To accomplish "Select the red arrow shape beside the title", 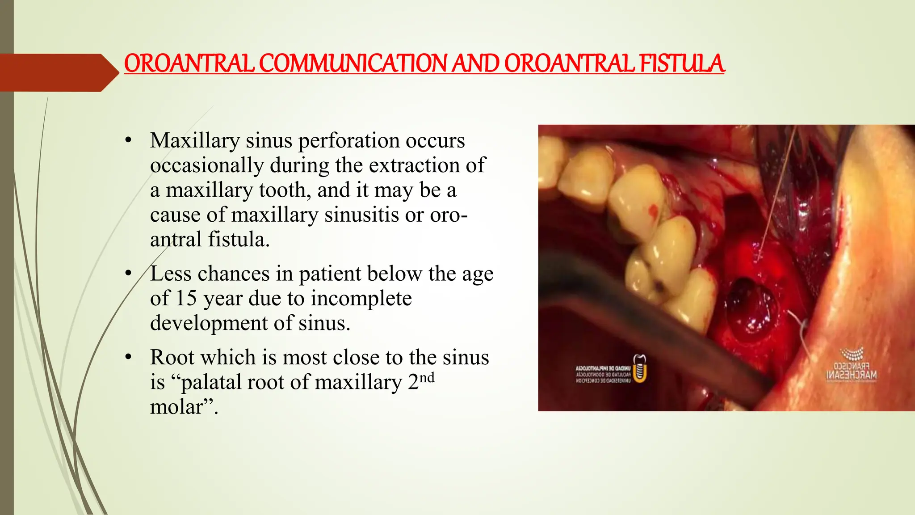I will (x=58, y=72).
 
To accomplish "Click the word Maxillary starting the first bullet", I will (x=195, y=141).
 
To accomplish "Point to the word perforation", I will (x=349, y=141).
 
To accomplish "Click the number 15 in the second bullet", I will (x=186, y=298).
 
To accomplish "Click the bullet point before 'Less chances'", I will (x=129, y=273).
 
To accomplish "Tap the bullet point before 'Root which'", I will (x=129, y=357).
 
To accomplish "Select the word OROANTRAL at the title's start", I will (x=189, y=63).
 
